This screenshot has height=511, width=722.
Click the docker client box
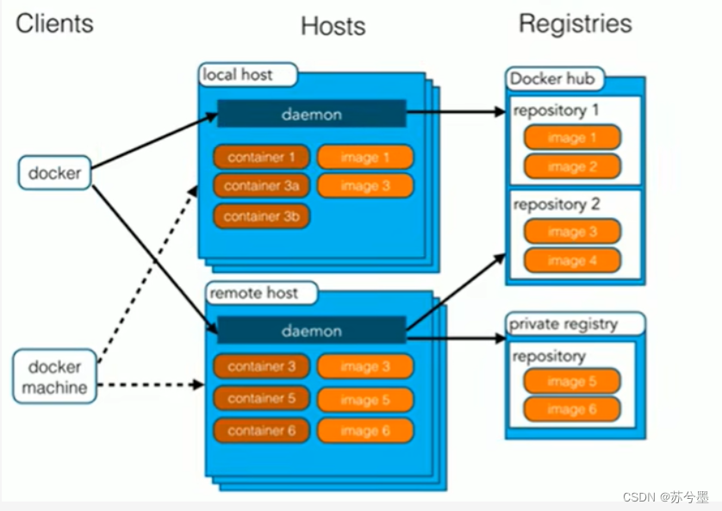click(x=54, y=172)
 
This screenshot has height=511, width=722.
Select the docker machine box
click(x=54, y=377)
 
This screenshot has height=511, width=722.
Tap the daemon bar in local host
click(x=311, y=114)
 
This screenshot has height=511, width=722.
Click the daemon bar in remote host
click(x=311, y=331)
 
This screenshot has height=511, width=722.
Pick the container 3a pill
click(x=261, y=185)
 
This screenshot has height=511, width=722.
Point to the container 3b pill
click(x=261, y=216)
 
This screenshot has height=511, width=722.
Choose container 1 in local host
click(x=261, y=157)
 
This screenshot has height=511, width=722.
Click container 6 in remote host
click(x=261, y=430)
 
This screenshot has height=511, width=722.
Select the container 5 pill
click(x=261, y=398)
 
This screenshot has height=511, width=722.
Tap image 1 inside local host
click(x=364, y=157)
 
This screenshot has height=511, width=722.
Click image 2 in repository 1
click(x=571, y=166)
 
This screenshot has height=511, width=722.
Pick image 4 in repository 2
click(x=571, y=260)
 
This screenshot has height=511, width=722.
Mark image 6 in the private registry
click(x=571, y=409)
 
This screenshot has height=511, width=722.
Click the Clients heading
click(x=54, y=23)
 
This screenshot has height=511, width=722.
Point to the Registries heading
click(x=575, y=23)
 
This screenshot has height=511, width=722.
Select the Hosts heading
click(x=333, y=27)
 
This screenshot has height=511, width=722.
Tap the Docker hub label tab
click(x=552, y=79)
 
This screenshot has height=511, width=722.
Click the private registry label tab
click(x=575, y=324)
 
